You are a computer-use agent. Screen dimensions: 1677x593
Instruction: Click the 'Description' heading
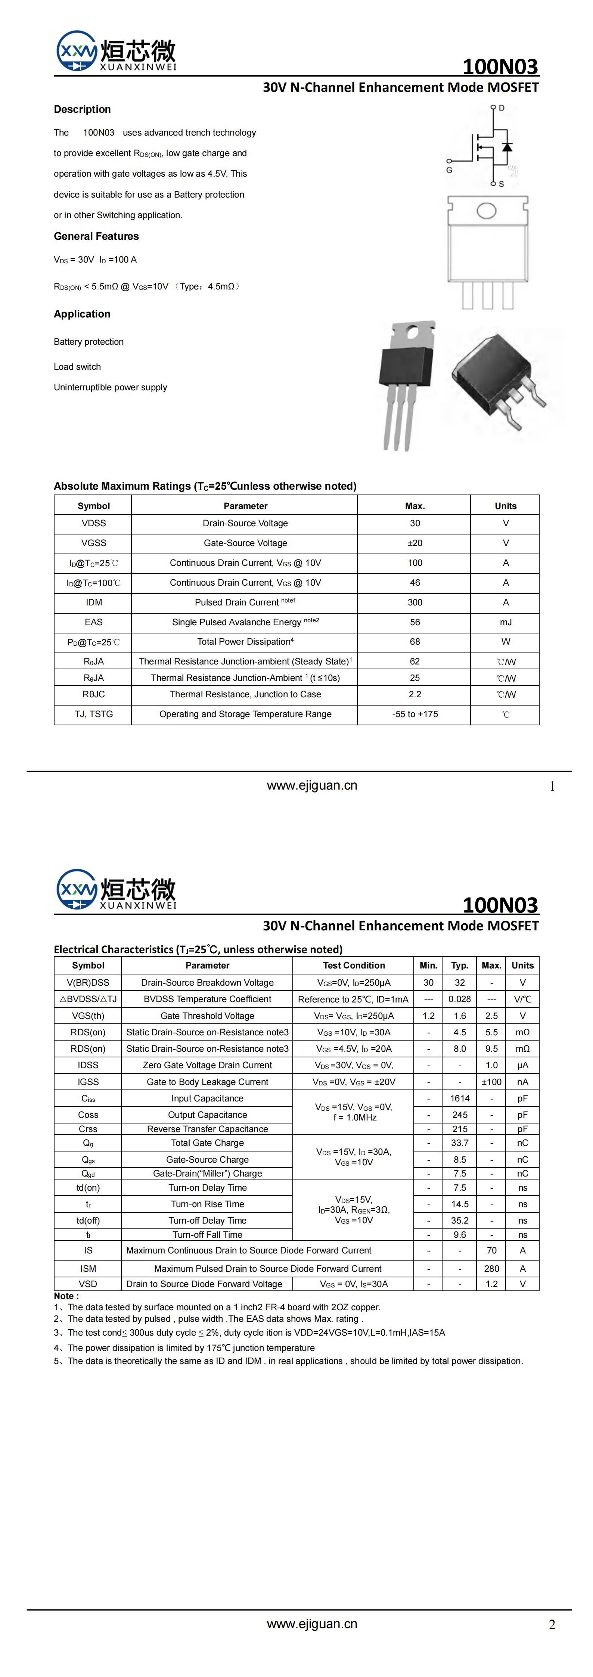tap(82, 109)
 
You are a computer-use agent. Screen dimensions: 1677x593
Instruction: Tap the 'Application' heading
tap(82, 314)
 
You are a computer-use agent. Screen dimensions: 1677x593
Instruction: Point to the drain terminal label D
tap(501, 108)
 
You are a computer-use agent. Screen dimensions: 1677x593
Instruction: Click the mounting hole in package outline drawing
tap(486, 210)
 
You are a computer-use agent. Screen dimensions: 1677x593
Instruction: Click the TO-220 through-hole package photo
tap(406, 384)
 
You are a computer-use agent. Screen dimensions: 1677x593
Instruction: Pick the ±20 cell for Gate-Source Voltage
tap(415, 543)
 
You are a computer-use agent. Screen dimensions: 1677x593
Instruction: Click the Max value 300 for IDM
tap(415, 602)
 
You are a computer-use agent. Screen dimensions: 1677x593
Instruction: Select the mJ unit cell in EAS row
tap(505, 622)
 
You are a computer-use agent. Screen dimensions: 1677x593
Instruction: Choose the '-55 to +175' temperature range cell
tap(415, 714)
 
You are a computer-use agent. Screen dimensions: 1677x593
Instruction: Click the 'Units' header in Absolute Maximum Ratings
tap(505, 506)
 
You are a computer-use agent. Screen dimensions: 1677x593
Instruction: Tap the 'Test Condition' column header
tap(354, 965)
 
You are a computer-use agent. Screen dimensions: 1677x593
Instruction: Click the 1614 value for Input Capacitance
tap(460, 1098)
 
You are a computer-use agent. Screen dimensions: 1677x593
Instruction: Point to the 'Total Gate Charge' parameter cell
tap(207, 1143)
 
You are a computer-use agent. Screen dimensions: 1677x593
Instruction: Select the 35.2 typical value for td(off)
tap(460, 1221)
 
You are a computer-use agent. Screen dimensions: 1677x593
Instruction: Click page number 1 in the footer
tap(552, 787)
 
